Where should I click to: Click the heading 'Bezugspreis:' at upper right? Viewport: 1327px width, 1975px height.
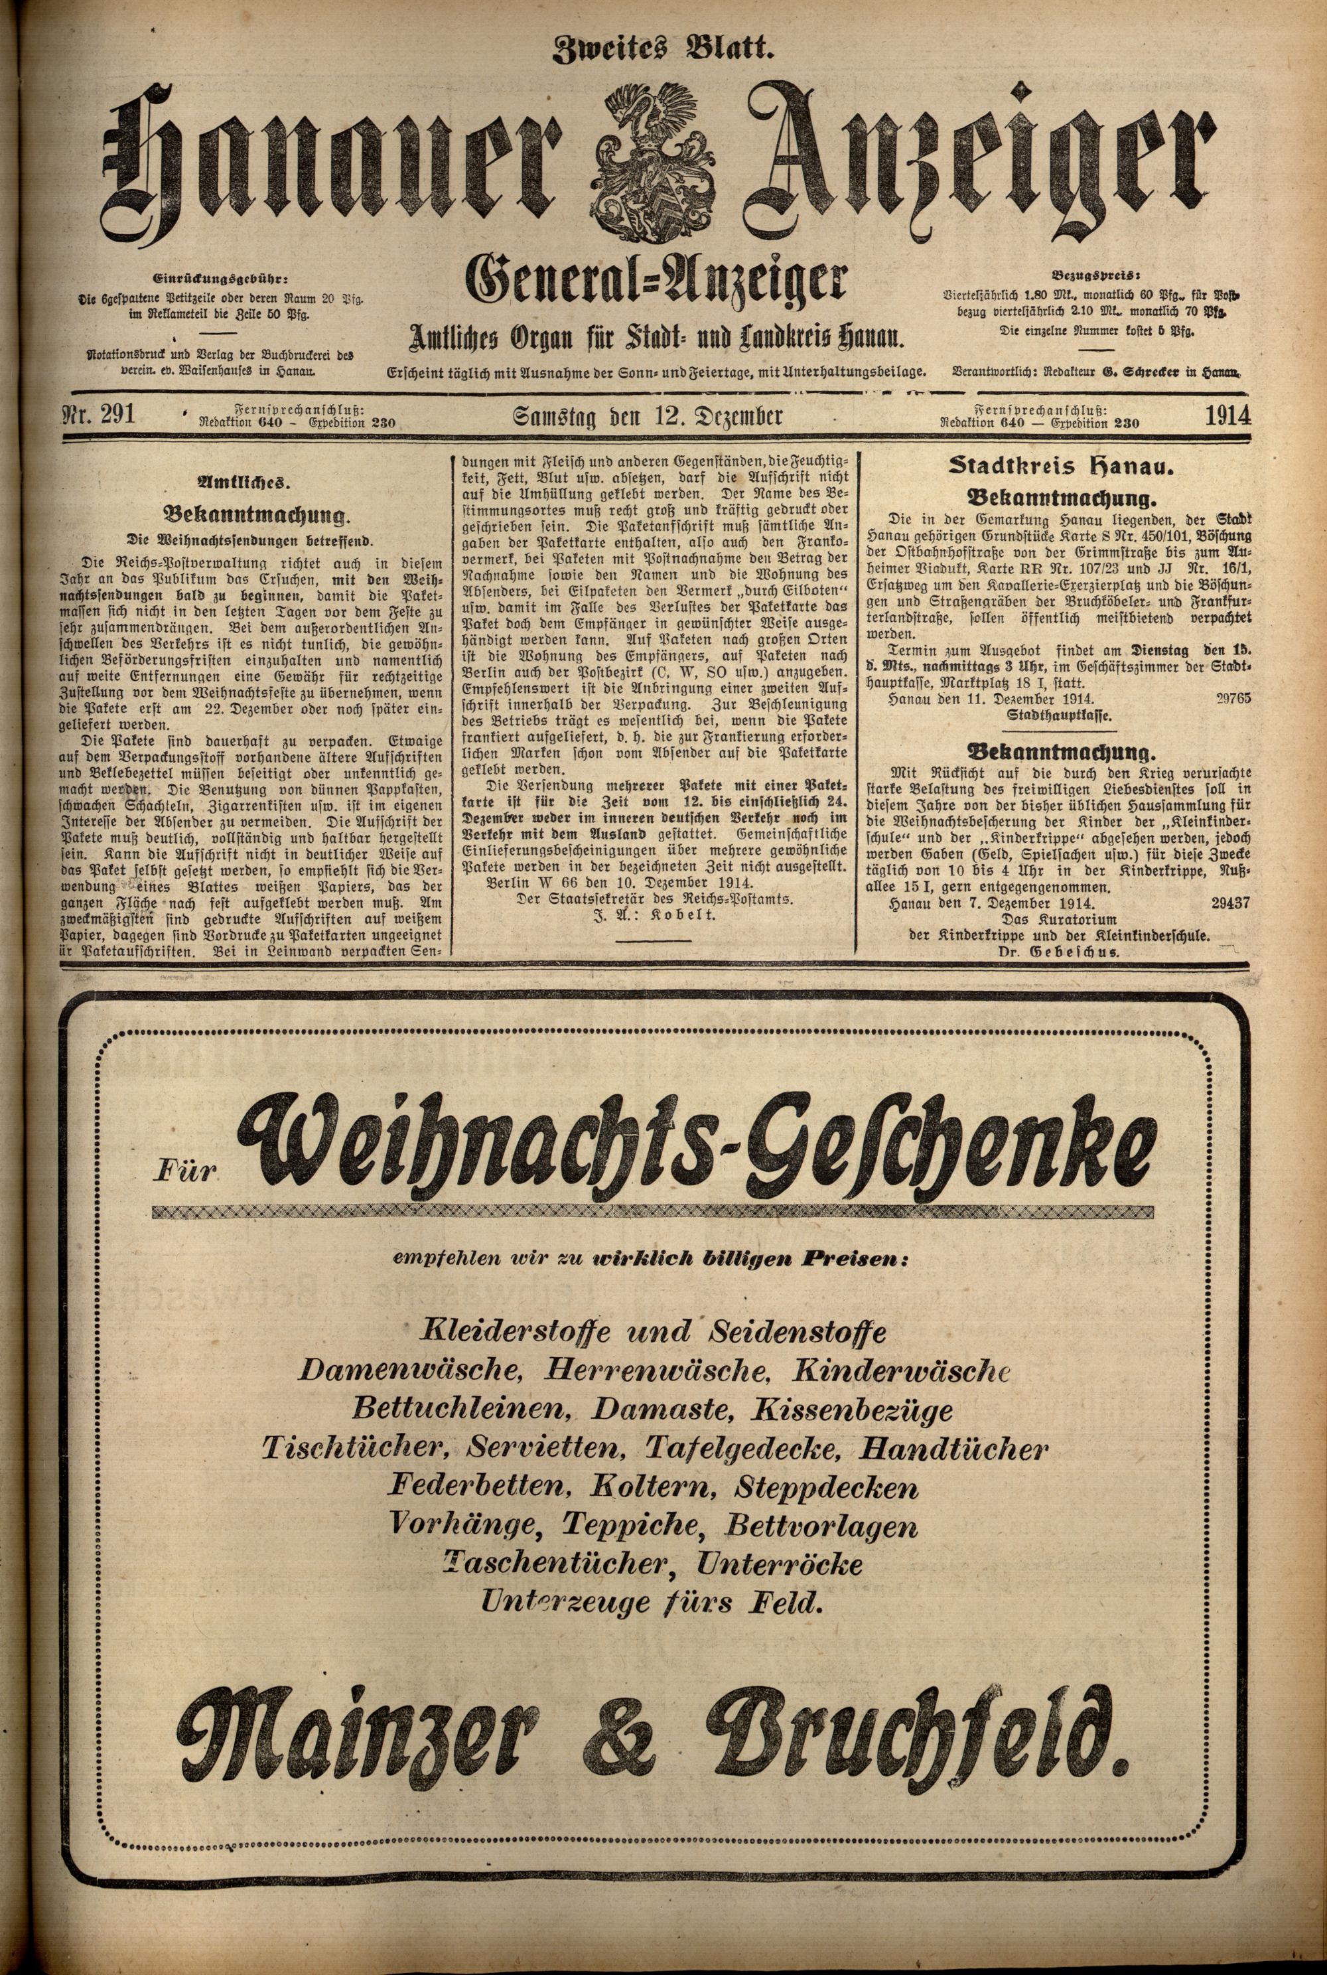(x=1095, y=275)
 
